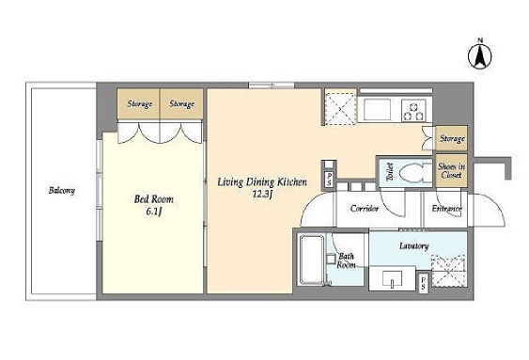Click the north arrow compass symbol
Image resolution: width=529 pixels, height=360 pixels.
click(480, 55)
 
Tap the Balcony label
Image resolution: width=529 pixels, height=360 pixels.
click(62, 190)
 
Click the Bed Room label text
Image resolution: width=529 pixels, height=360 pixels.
click(154, 199)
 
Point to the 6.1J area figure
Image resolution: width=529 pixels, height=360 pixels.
click(154, 211)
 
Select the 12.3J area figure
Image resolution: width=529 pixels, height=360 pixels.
click(262, 194)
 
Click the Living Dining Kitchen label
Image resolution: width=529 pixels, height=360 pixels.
click(262, 182)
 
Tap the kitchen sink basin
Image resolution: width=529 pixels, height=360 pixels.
click(377, 109)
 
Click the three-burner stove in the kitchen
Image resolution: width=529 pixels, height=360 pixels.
click(414, 110)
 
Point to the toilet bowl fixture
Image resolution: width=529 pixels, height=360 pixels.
click(414, 174)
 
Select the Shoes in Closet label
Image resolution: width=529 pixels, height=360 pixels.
click(451, 170)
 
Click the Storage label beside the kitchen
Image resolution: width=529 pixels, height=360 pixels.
click(452, 138)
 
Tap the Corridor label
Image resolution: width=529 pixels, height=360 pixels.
click(365, 209)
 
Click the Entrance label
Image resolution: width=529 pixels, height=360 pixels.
click(446, 209)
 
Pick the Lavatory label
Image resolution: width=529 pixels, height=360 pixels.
click(414, 246)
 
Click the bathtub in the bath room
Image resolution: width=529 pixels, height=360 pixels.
click(312, 260)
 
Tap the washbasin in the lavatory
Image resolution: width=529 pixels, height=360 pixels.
click(392, 278)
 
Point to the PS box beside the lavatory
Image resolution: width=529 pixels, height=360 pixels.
click(423, 282)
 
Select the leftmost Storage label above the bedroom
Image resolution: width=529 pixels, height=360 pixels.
click(139, 103)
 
